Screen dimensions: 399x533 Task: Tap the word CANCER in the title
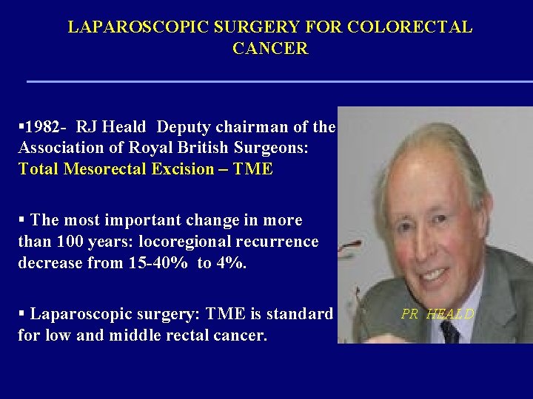(x=269, y=50)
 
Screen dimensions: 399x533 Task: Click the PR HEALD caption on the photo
(x=438, y=314)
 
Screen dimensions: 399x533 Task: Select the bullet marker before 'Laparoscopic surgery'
(x=22, y=314)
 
